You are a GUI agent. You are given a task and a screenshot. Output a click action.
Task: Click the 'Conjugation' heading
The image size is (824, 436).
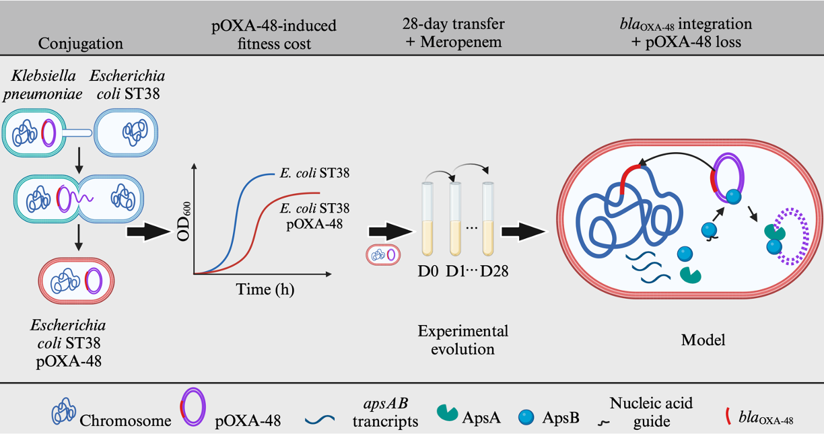click(x=81, y=44)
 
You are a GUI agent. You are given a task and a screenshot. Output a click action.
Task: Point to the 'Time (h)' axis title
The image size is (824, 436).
click(x=265, y=290)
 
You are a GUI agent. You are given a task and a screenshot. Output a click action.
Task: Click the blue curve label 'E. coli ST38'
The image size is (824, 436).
click(x=314, y=174)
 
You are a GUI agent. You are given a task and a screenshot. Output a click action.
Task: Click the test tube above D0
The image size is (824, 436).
click(x=427, y=219)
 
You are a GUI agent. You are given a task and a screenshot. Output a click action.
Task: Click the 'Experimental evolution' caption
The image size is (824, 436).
click(x=463, y=340)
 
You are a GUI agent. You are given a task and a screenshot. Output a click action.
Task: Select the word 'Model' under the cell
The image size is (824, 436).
click(x=703, y=340)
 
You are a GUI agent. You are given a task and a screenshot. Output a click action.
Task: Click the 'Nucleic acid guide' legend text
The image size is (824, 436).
click(x=650, y=412)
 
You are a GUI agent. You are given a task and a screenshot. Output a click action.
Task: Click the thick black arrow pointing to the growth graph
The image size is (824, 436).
click(x=147, y=232)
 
